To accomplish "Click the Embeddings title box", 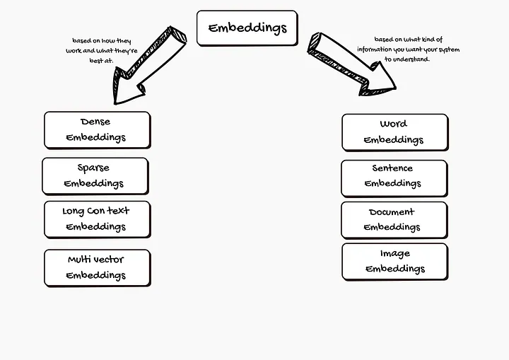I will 247,28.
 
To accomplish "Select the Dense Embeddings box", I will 97,129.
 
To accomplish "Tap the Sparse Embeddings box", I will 95,175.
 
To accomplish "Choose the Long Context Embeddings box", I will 96,219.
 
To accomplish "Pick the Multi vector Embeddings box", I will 97,267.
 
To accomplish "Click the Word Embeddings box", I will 394,132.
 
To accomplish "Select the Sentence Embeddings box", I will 394,178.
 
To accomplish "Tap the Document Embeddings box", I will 394,219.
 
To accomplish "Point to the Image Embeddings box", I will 394,261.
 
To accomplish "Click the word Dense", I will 95,122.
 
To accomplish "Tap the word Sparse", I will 93,168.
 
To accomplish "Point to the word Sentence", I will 392,169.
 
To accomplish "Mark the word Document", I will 392,212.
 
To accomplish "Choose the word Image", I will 394,253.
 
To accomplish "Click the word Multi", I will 80,260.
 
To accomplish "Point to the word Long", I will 74,211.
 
